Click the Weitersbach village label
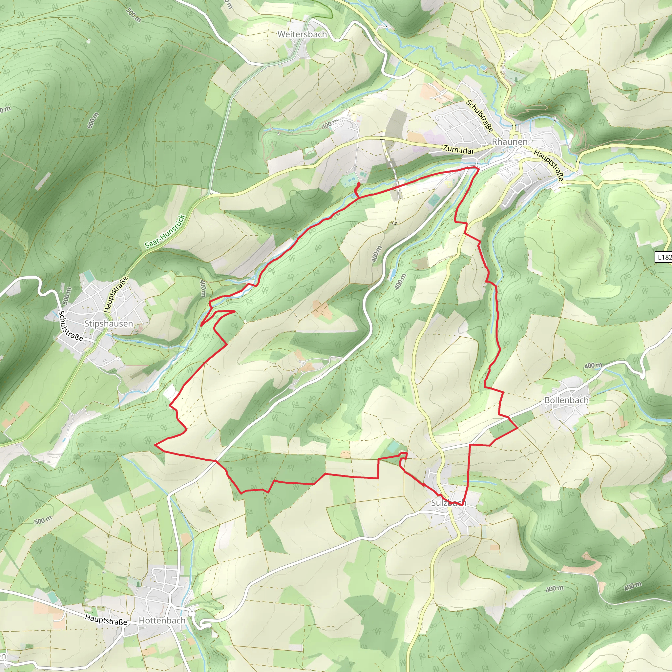tap(302, 34)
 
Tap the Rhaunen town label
tap(509, 142)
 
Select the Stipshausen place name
tap(109, 324)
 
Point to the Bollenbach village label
tap(566, 400)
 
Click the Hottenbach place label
tap(162, 620)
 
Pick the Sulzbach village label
tap(448, 503)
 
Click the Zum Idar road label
tap(458, 150)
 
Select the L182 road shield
tap(664, 257)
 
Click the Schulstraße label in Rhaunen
tap(480, 116)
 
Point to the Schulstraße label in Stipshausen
tap(71, 326)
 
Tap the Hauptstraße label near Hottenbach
tap(106, 619)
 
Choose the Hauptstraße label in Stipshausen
tap(116, 294)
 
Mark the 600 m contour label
tap(93, 120)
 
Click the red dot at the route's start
tap(359, 184)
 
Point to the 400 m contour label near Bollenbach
tap(593, 366)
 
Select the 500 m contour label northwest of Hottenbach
tap(43, 521)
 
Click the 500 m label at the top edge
tap(134, 15)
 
